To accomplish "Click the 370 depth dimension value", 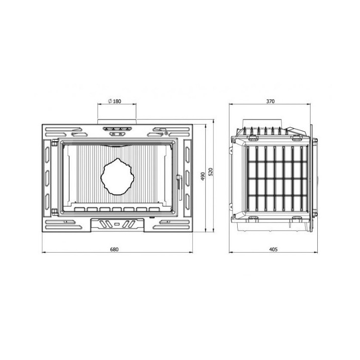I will pyautogui.click(x=270, y=101).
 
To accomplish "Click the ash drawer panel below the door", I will pyautogui.click(x=117, y=224).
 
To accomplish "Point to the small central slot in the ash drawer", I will pyautogui.click(x=117, y=224).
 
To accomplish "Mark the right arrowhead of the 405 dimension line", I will pyautogui.click(x=313, y=253).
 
